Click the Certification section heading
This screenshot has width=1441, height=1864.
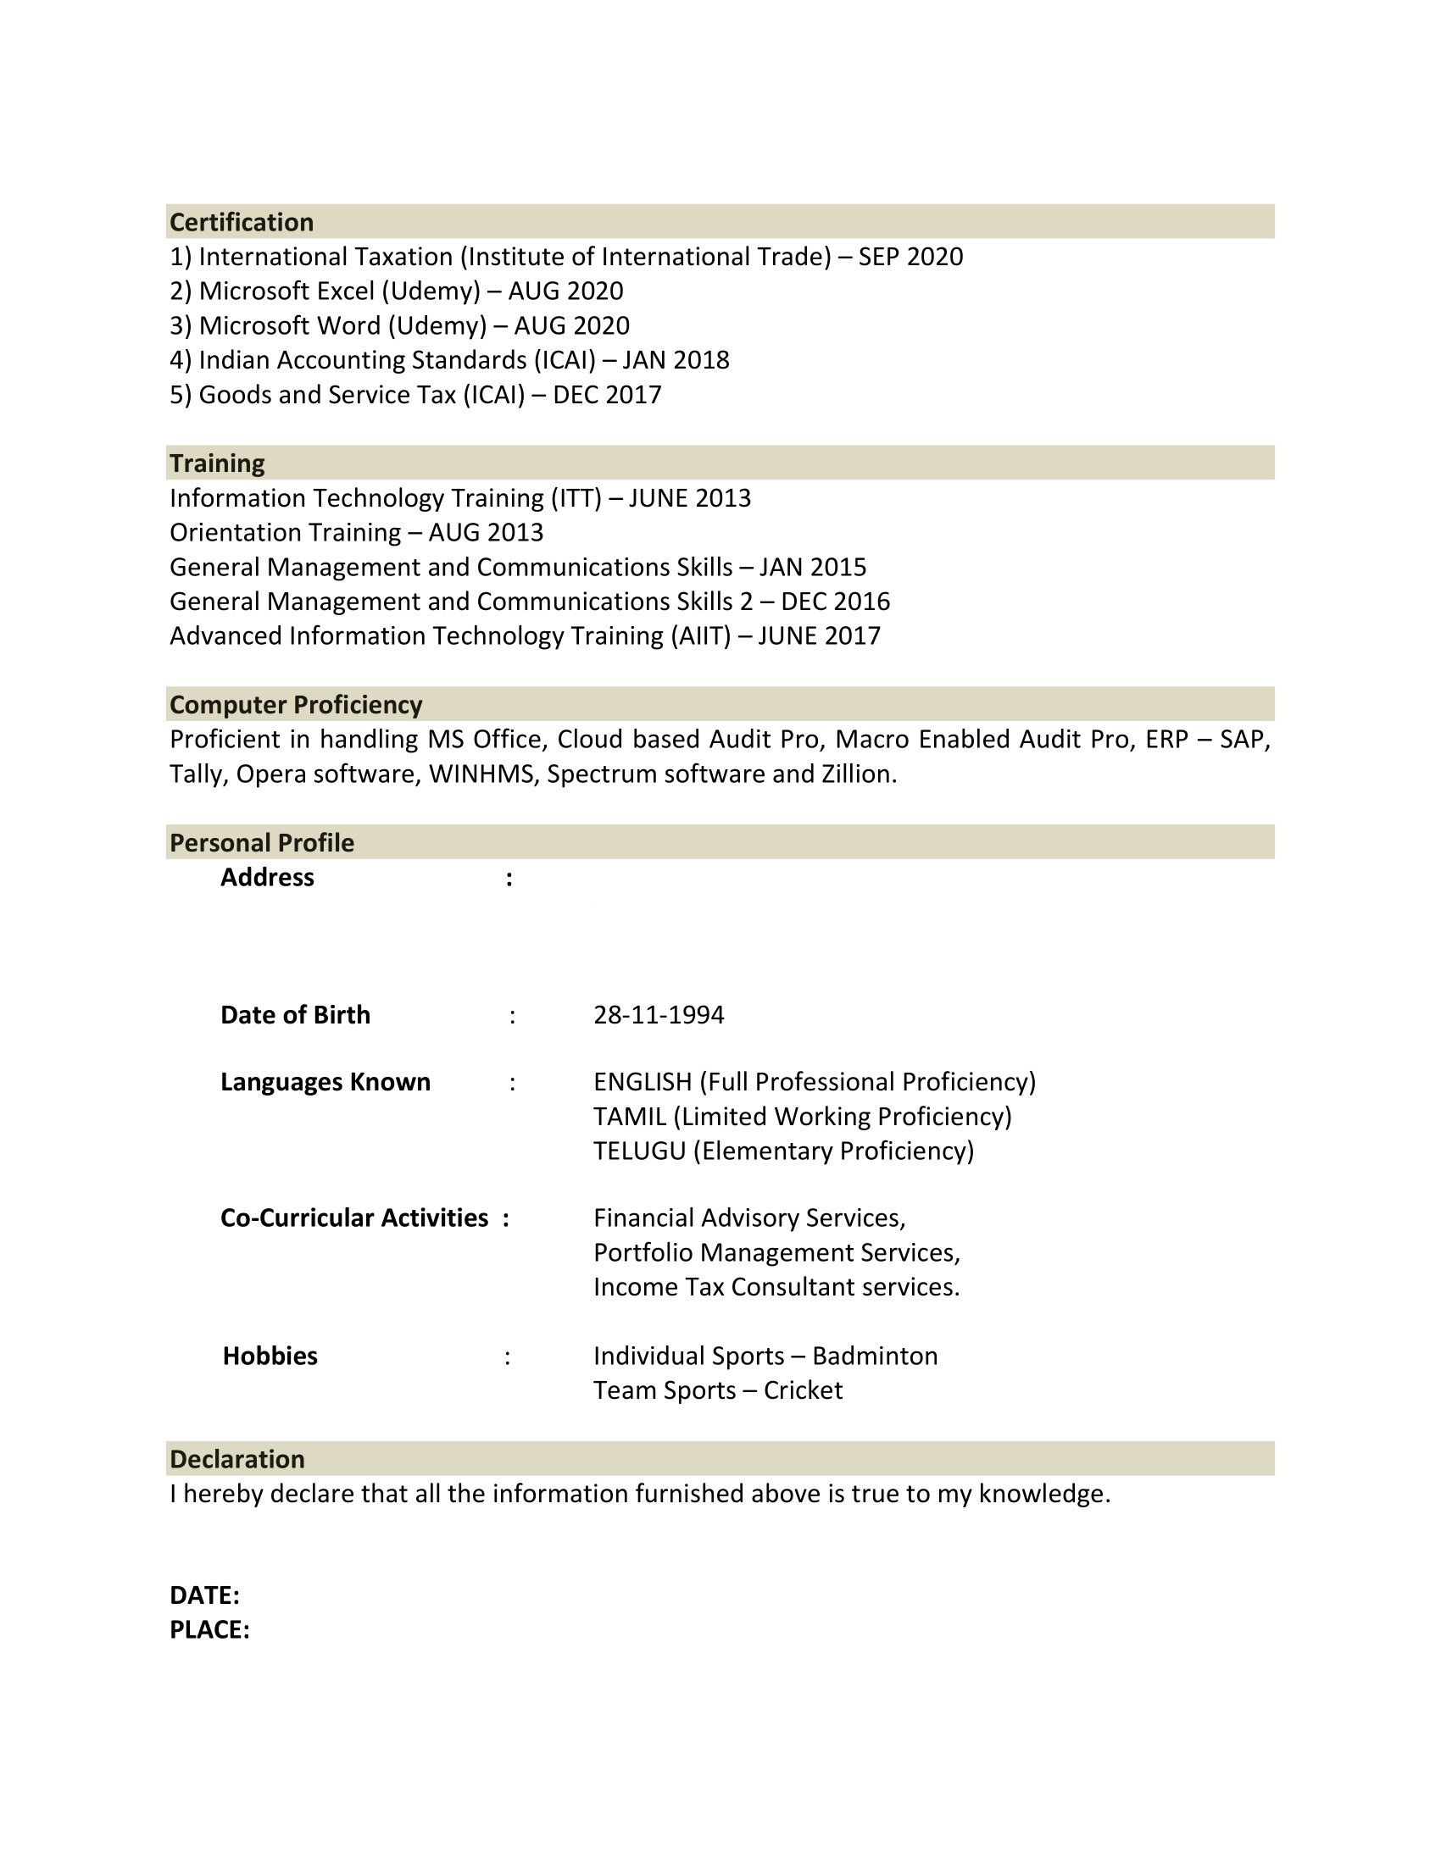click(x=242, y=222)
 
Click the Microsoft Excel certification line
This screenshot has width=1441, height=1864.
click(x=396, y=291)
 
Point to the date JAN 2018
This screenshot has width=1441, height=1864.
click(x=676, y=360)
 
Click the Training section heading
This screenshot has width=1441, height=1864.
click(x=217, y=463)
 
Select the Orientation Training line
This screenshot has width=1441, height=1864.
click(x=356, y=533)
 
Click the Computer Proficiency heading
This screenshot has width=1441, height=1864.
click(x=295, y=705)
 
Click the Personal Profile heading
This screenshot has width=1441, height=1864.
click(x=261, y=843)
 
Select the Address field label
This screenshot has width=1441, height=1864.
click(x=267, y=878)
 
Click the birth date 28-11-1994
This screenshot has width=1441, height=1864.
click(x=658, y=1015)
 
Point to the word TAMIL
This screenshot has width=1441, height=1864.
click(x=629, y=1117)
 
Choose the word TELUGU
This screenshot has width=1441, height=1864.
click(x=639, y=1151)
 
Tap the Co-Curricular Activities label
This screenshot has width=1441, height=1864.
click(x=354, y=1218)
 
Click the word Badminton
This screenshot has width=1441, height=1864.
click(x=874, y=1356)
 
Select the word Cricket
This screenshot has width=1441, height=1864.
click(x=803, y=1390)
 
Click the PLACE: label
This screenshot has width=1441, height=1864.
click(x=209, y=1630)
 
